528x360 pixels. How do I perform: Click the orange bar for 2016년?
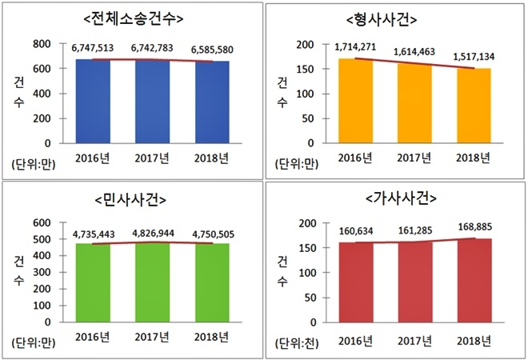tap(354, 101)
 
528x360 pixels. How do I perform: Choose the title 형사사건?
tap(393, 18)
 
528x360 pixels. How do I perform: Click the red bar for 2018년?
tap(475, 280)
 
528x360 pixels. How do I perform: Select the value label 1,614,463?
tap(413, 52)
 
